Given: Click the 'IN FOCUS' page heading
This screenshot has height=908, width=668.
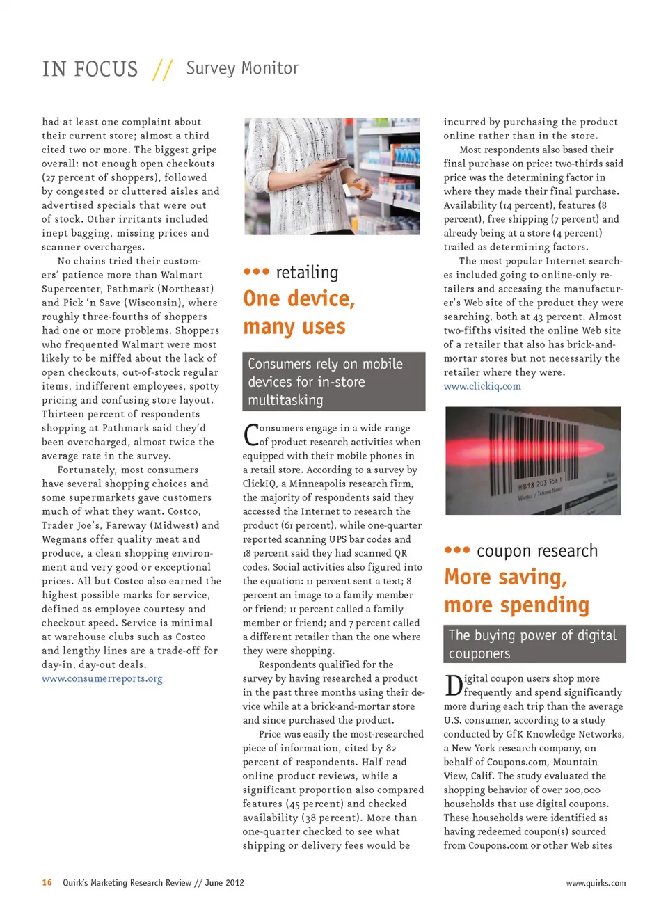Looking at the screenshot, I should tap(90, 69).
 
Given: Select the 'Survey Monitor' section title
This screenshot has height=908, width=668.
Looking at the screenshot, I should tap(241, 68).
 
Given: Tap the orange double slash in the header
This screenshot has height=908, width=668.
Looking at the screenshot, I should tap(163, 69).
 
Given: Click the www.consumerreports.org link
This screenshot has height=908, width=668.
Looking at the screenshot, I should tap(102, 678).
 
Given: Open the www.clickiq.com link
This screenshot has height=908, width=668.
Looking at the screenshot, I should tap(482, 386).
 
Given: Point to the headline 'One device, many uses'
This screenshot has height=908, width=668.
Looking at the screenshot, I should tap(299, 312).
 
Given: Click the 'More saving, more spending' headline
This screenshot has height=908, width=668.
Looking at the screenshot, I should tap(516, 591).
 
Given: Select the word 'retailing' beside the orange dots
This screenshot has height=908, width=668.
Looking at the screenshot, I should tap(307, 272).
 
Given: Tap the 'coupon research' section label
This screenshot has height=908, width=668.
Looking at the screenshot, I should tap(536, 551).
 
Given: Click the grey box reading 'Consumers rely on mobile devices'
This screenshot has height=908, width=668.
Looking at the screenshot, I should tap(333, 381).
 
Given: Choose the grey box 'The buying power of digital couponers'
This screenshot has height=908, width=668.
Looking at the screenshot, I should tap(534, 644).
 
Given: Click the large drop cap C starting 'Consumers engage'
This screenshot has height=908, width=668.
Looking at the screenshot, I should tap(250, 435).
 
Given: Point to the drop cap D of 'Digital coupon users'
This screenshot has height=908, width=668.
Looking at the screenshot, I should tap(453, 685).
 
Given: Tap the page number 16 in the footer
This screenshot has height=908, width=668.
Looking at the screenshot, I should tap(47, 882).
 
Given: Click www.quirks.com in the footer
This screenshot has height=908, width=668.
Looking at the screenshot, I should tap(595, 883).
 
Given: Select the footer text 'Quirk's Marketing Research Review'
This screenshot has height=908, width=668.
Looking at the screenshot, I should tap(127, 882).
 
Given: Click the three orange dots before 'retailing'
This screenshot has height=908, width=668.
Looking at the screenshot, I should tap(256, 271).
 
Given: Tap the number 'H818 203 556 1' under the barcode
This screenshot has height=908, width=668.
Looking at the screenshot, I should tap(539, 483).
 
